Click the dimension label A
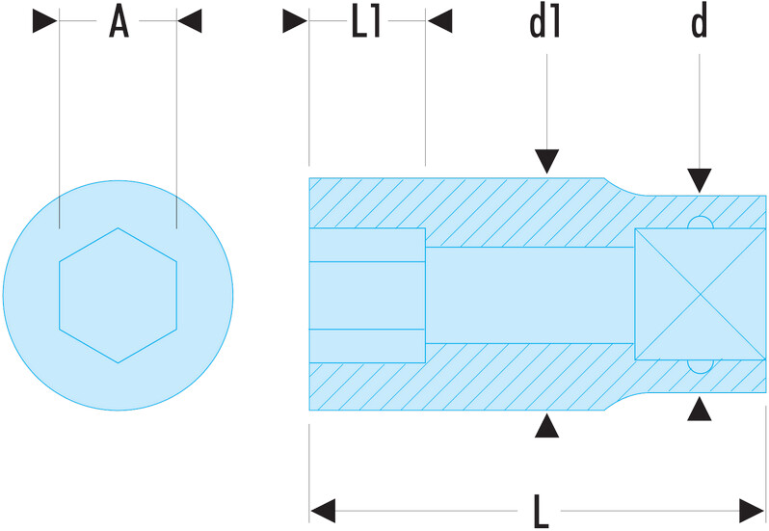(118, 21)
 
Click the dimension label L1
(367, 21)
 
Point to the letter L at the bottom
(542, 511)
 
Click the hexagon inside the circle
(118, 295)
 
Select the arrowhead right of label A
(190, 21)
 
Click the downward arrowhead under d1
(546, 162)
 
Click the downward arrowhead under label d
(700, 179)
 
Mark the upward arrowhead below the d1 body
(546, 425)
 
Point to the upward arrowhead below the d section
(700, 410)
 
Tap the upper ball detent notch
(700, 226)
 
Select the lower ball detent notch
(700, 364)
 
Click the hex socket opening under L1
(367, 295)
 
